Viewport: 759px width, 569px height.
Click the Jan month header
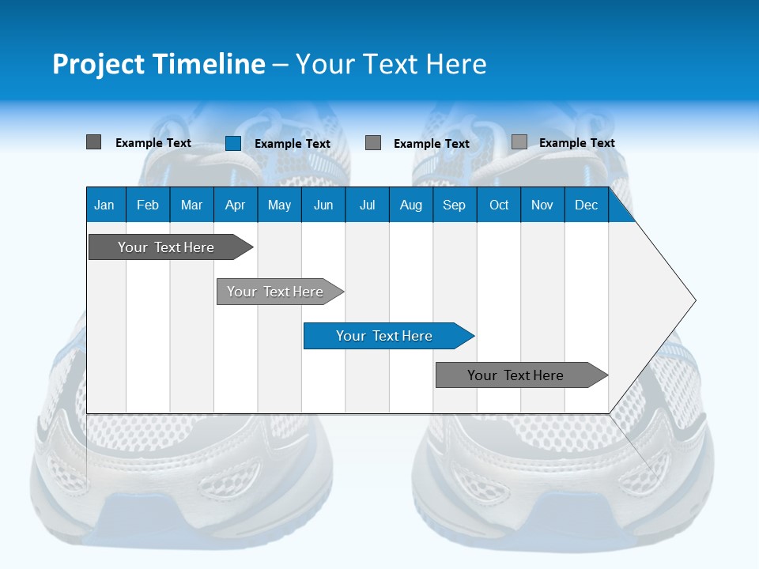tap(104, 205)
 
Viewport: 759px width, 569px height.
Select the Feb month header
tap(148, 205)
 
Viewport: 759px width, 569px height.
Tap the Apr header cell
tap(235, 205)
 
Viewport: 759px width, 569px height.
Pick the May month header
tap(279, 205)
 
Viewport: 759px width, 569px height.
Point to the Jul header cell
tap(367, 205)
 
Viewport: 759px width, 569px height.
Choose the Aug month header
tap(410, 205)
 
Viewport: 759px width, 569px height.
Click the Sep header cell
tap(454, 205)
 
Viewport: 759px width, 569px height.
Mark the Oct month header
tap(499, 205)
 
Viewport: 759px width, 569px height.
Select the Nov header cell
tap(542, 205)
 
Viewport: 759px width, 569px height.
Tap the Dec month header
tap(587, 205)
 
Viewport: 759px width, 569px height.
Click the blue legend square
tap(233, 143)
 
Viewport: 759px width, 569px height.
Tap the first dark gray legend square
tap(93, 142)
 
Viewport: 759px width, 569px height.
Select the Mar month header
tap(191, 205)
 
